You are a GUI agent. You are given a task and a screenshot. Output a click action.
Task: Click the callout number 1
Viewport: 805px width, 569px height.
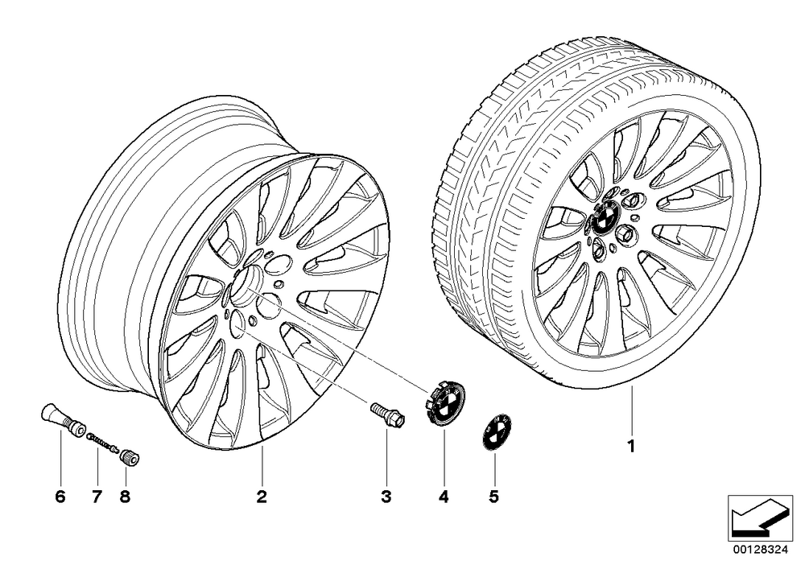[x=632, y=446]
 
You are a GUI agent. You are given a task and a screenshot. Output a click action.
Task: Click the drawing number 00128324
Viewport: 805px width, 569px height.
[x=760, y=550]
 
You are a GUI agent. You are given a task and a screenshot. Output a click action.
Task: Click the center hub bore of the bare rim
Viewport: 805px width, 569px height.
[x=246, y=285]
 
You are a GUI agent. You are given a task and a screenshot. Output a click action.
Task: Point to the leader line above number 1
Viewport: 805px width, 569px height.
[x=632, y=410]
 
